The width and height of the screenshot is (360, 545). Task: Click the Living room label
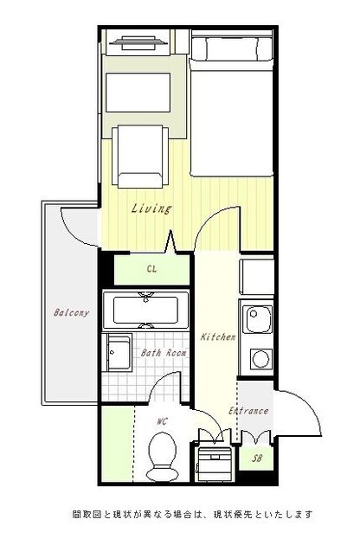coord(151,208)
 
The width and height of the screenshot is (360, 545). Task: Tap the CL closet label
coord(151,269)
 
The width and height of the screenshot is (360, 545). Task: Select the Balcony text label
coord(71,313)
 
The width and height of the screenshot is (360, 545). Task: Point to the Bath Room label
coord(164,353)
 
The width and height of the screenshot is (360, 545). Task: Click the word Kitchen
coord(218,337)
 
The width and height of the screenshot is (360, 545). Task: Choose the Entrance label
coord(248,411)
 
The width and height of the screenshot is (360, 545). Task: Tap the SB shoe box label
coord(257,458)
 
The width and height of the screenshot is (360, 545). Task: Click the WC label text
coord(162,421)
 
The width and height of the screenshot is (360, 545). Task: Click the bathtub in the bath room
coord(146,310)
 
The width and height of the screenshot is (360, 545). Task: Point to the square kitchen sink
coord(258,319)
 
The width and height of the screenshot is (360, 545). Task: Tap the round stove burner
coord(260,359)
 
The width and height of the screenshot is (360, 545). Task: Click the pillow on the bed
coord(232,48)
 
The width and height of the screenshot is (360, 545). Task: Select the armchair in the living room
coord(140,157)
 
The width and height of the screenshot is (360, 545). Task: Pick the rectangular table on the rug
coord(138,93)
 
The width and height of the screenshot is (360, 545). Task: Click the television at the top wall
coord(138,42)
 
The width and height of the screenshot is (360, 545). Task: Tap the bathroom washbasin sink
coord(119,353)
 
